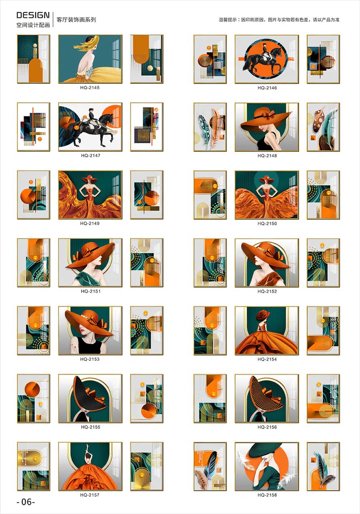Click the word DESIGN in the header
click(x=33, y=15)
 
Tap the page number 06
click(x=26, y=502)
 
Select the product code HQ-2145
click(x=90, y=87)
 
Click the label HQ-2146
click(x=267, y=88)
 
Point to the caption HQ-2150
click(x=267, y=223)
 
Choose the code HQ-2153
click(x=90, y=359)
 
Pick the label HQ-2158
click(x=267, y=495)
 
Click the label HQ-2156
click(x=267, y=427)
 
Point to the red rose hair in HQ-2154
click(x=262, y=315)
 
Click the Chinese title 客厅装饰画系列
click(x=76, y=20)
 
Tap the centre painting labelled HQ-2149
click(x=90, y=195)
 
